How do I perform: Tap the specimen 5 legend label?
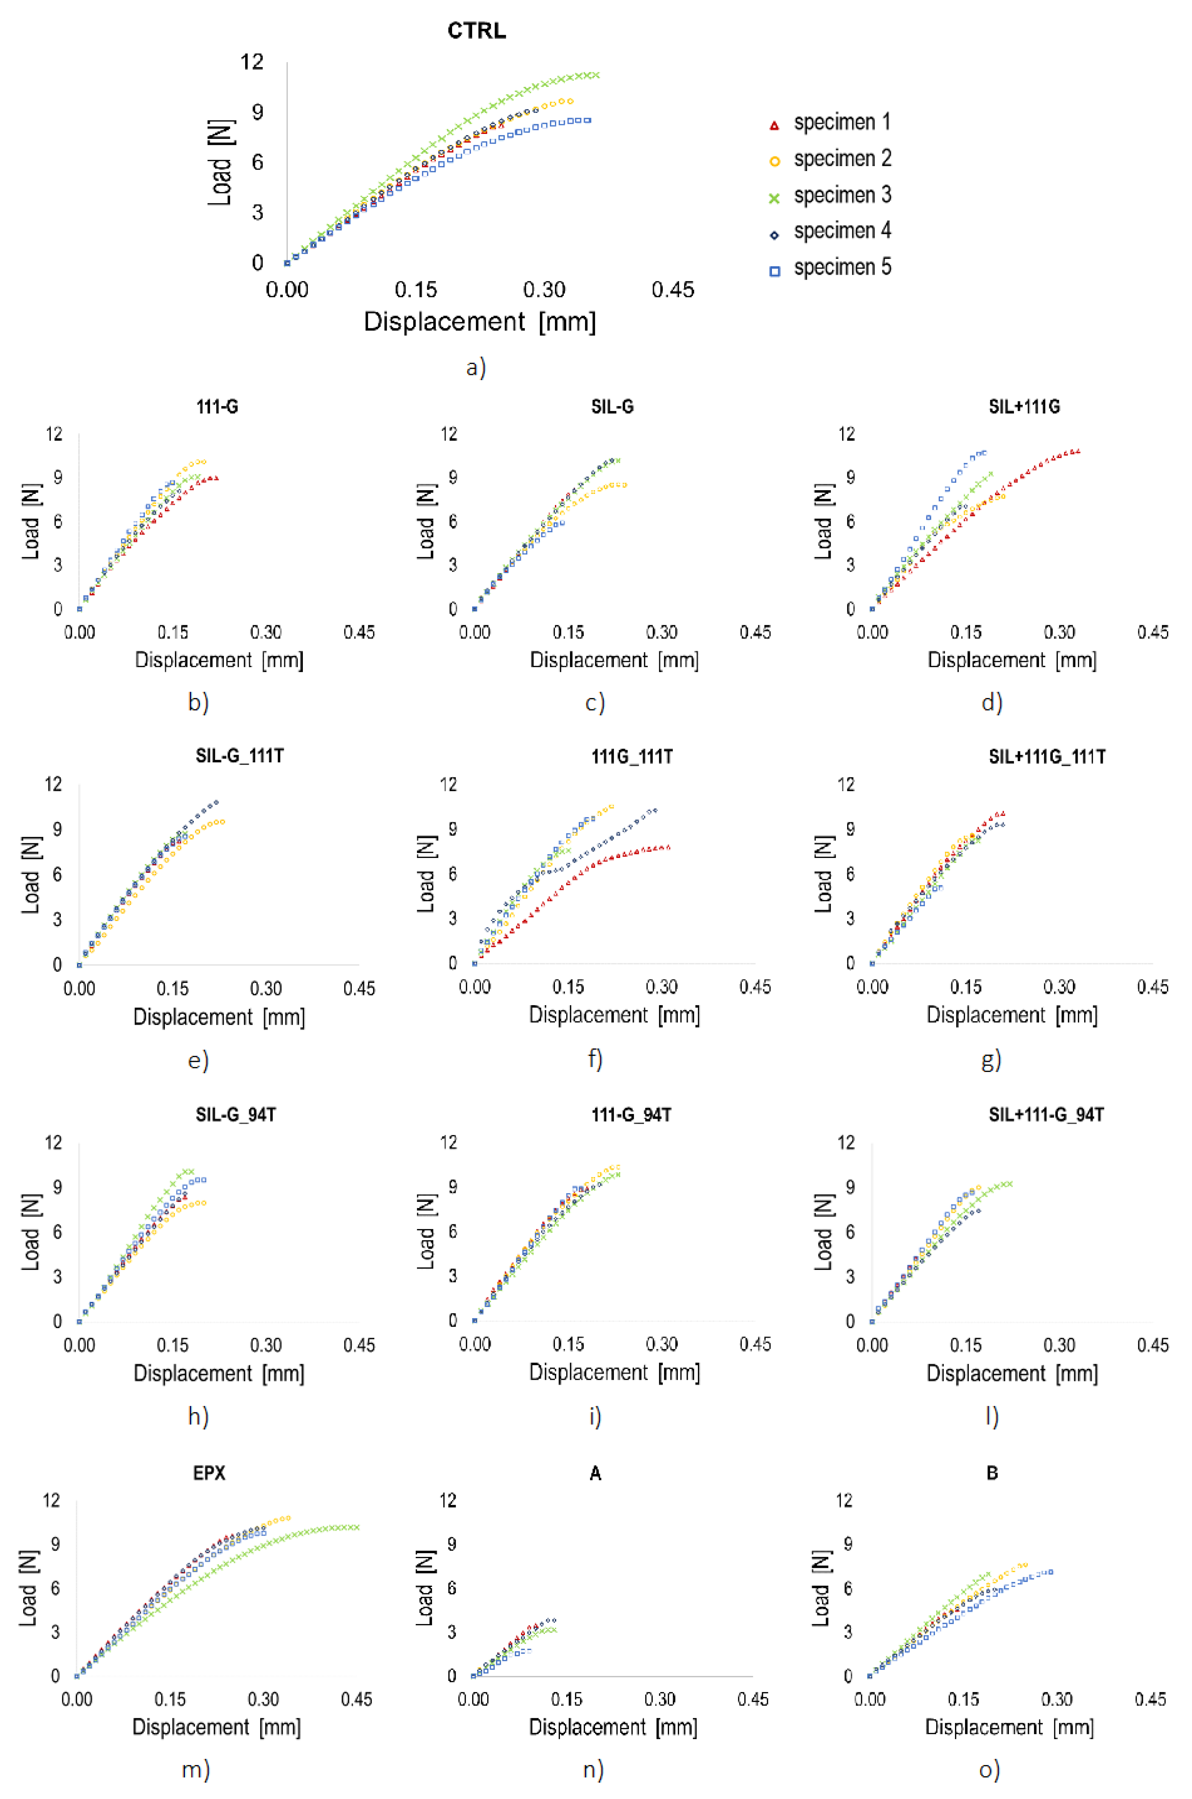click(x=842, y=267)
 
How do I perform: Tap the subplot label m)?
click(x=195, y=1770)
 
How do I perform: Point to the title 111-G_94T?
click(x=631, y=1115)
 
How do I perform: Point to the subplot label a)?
click(x=476, y=367)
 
